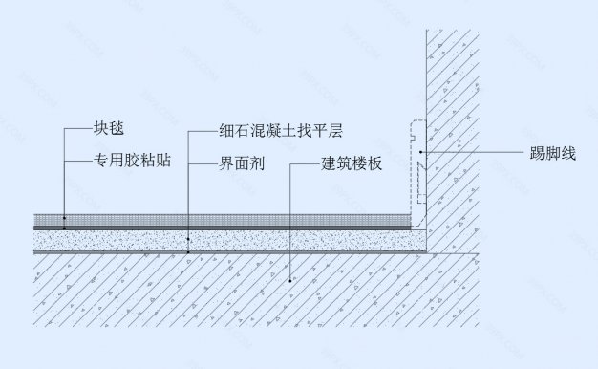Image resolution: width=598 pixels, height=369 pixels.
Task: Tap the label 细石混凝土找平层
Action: click(269, 129)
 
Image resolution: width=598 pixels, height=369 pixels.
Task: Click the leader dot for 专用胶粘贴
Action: click(65, 228)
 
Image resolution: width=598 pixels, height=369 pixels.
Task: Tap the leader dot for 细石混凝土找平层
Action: click(188, 238)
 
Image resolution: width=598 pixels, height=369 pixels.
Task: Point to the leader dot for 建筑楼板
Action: click(291, 280)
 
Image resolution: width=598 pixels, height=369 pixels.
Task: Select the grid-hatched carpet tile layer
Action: click(229, 219)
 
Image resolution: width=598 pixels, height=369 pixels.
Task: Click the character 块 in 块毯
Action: click(100, 129)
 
